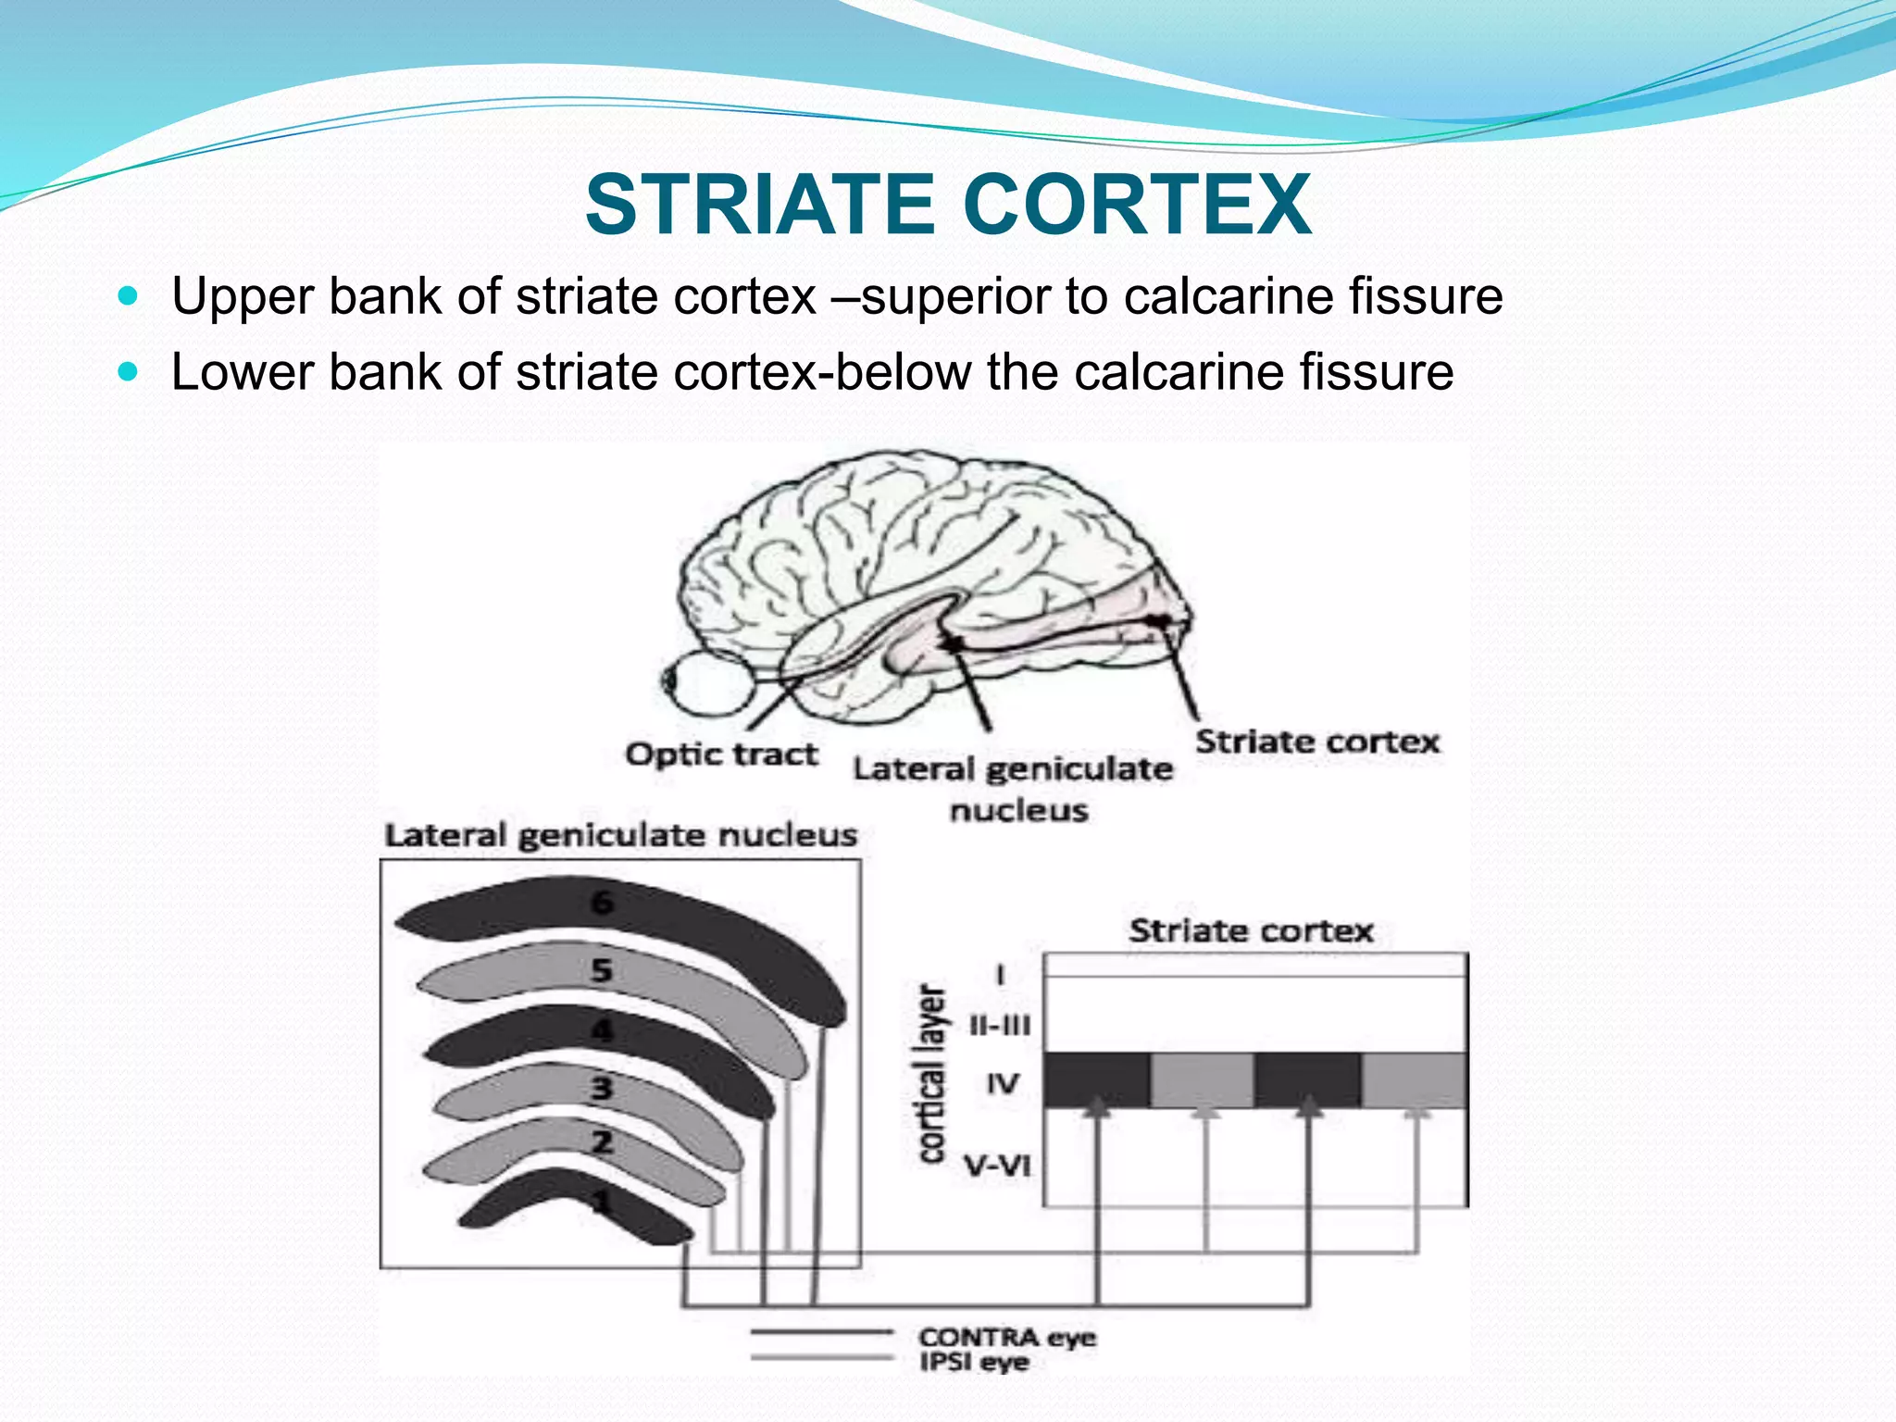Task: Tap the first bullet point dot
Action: click(129, 297)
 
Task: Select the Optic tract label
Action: click(721, 755)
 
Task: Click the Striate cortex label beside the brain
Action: click(1316, 742)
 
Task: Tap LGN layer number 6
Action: click(603, 902)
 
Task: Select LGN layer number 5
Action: click(603, 970)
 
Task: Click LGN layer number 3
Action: click(603, 1088)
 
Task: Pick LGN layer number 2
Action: click(603, 1142)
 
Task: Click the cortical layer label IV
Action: click(1002, 1083)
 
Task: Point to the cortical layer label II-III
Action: click(1000, 1026)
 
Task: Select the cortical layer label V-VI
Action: click(998, 1165)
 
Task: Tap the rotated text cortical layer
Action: click(931, 1074)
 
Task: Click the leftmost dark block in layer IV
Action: click(1097, 1079)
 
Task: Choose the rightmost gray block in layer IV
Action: click(1415, 1079)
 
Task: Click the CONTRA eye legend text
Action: click(1007, 1338)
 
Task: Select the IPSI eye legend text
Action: click(974, 1362)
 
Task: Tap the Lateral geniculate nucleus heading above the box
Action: click(620, 835)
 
